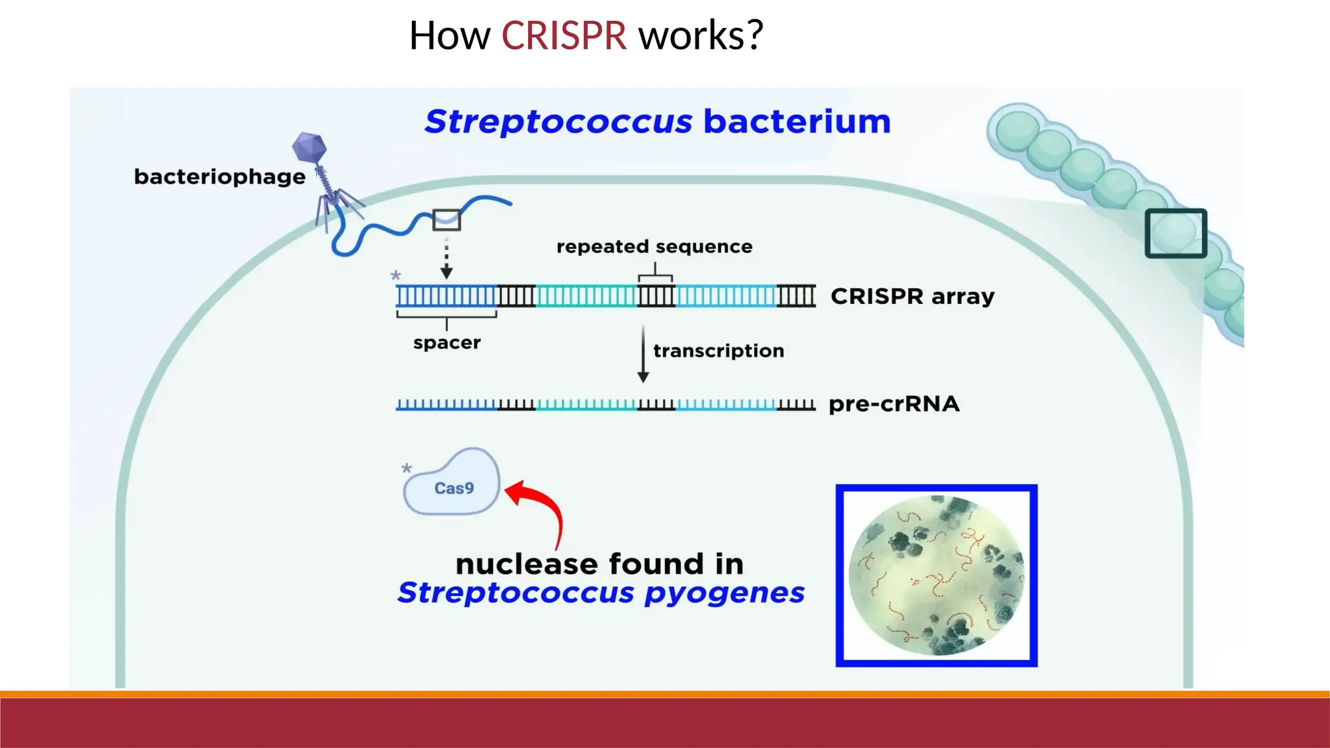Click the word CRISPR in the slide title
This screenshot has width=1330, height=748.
[x=563, y=36]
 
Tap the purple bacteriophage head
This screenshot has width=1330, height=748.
[x=309, y=147]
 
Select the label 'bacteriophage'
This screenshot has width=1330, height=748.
[x=220, y=177]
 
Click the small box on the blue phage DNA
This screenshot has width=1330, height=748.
[x=446, y=220]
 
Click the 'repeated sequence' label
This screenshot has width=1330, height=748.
[x=654, y=247]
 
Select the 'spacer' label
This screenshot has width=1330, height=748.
[x=447, y=343]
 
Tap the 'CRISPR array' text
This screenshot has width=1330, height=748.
[x=912, y=297]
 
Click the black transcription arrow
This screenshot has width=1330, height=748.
[x=643, y=354]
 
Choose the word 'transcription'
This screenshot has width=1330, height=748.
[x=718, y=351]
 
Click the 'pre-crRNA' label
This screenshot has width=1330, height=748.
[x=894, y=404]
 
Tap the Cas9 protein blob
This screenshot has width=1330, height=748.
[x=453, y=484]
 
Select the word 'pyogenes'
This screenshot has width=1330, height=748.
[x=724, y=593]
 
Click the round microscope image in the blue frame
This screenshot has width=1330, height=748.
[x=936, y=576]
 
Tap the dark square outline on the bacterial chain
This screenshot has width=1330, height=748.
[x=1175, y=233]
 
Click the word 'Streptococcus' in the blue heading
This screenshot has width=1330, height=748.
[x=558, y=122]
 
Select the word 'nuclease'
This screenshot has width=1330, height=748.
[x=525, y=564]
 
